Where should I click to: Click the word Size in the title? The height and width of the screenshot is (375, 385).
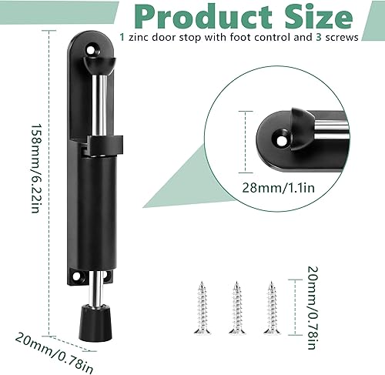pyautogui.click(x=319, y=17)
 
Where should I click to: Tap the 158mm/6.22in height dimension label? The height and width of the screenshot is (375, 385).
pyautogui.click(x=35, y=169)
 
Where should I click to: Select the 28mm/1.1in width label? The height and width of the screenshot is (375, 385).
pyautogui.click(x=279, y=188)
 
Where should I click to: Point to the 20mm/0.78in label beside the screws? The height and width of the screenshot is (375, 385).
pyautogui.click(x=313, y=307)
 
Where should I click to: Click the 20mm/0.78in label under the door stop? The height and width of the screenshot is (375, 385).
pyautogui.click(x=54, y=353)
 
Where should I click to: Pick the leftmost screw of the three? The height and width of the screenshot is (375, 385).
pyautogui.click(x=203, y=308)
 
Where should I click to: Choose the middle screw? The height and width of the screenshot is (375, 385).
pyautogui.click(x=237, y=308)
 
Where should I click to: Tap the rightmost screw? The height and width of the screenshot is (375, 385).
pyautogui.click(x=272, y=308)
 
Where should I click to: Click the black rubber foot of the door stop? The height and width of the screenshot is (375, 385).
pyautogui.click(x=95, y=323)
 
